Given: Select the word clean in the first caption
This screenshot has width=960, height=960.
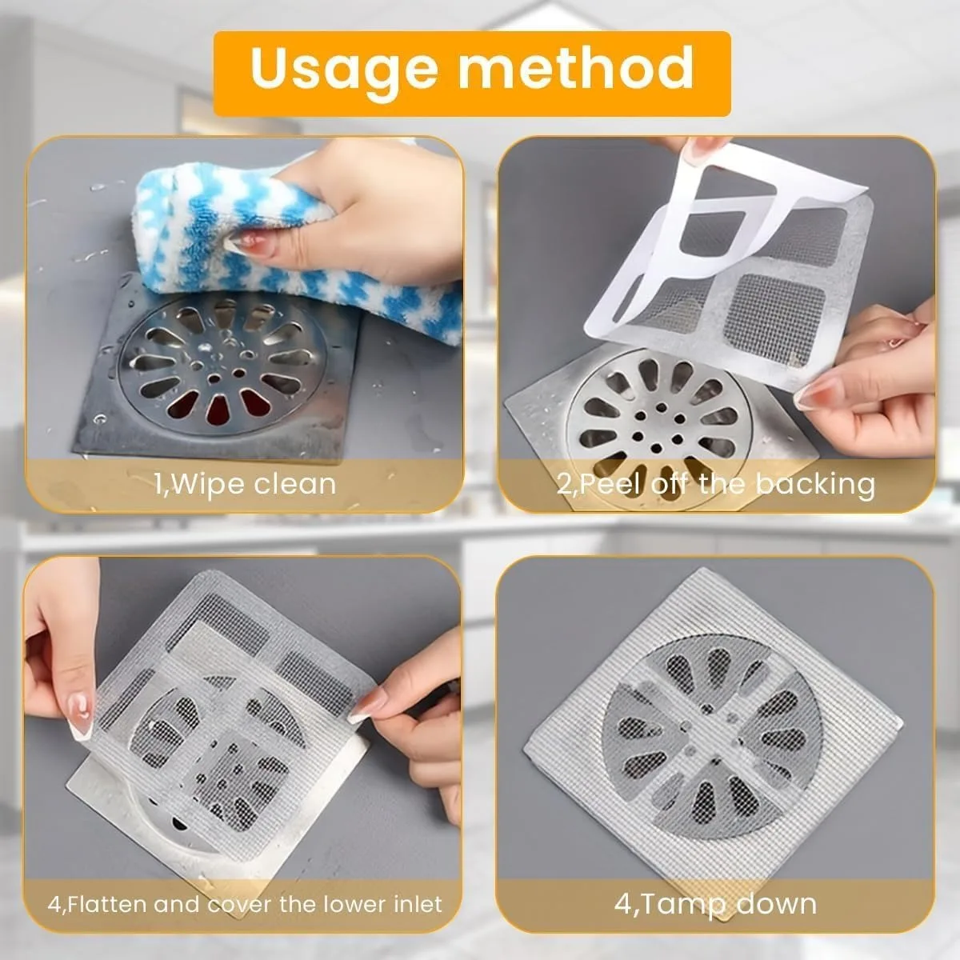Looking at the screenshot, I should [x=295, y=484].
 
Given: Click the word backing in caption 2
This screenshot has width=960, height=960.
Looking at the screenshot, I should [x=815, y=484].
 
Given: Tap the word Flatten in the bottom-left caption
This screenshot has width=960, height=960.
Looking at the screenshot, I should [x=107, y=905].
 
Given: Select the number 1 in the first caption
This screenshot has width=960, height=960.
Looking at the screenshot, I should [x=158, y=485].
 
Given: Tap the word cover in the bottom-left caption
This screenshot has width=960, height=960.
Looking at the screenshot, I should [x=240, y=905].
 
